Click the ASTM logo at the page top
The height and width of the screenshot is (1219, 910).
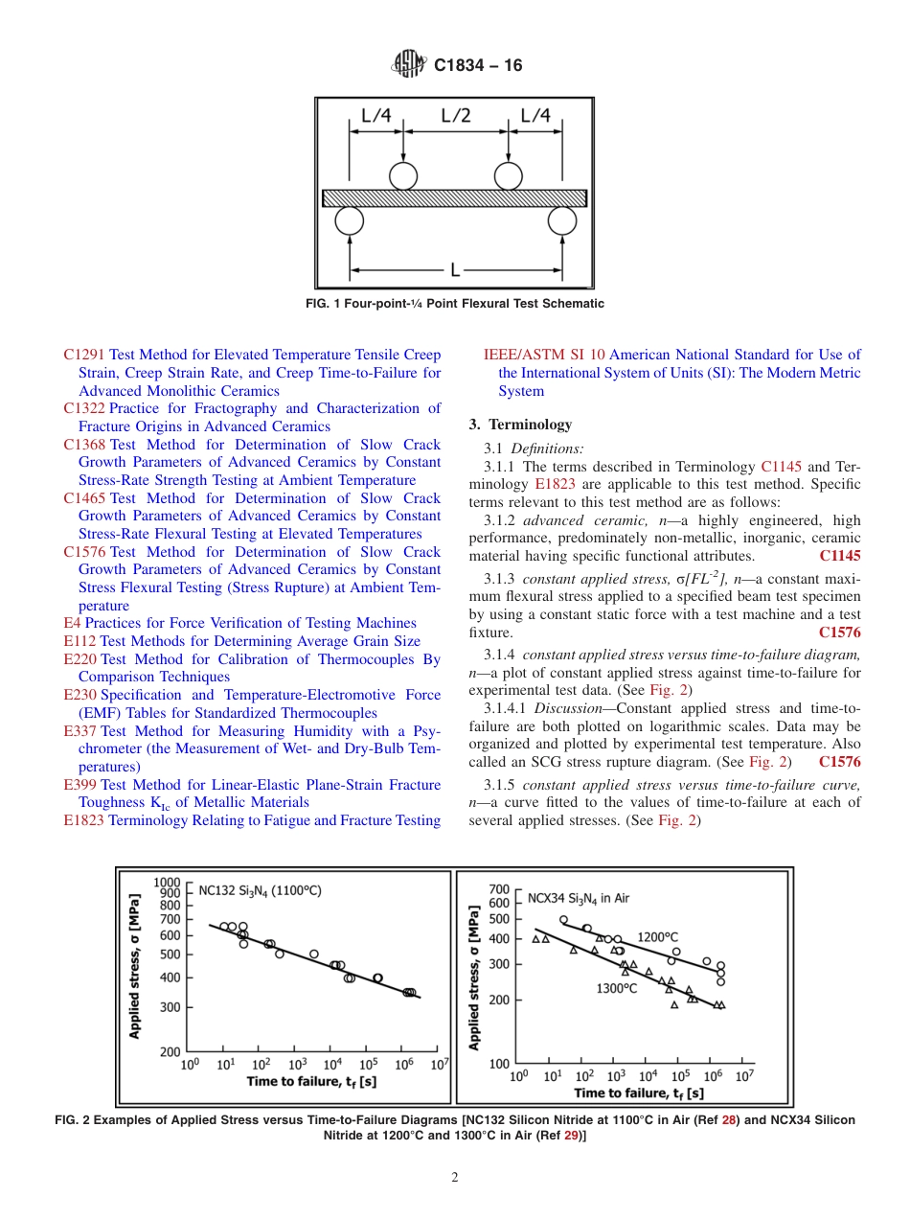pos(408,65)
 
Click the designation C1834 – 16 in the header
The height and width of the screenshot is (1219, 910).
pos(478,66)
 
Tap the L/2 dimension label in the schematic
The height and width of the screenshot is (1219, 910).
pos(455,116)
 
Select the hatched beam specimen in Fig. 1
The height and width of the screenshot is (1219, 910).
pos(454,197)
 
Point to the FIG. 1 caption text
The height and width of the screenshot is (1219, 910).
pos(454,304)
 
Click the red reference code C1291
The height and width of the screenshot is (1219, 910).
pos(83,355)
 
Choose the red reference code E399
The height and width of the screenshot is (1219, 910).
pos(80,785)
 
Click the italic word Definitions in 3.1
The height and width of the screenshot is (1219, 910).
pos(547,448)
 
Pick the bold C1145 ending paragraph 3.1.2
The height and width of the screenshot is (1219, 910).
pos(839,556)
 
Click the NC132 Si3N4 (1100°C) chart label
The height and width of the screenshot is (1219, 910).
pos(260,889)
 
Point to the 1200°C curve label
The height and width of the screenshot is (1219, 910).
pos(658,936)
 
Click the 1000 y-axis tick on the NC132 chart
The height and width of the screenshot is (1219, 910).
pos(167,882)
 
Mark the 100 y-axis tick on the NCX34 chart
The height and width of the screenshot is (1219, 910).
pos(498,1064)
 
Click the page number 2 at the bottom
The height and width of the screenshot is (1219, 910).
pos(454,1178)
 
